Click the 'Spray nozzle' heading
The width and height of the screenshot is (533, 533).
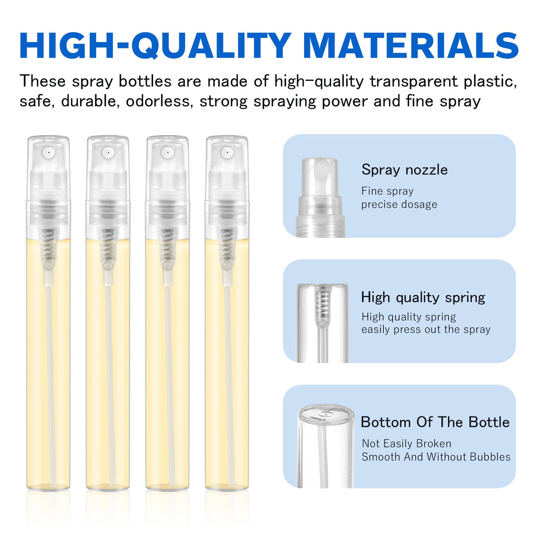point(405,169)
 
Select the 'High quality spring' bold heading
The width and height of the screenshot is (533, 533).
point(423,298)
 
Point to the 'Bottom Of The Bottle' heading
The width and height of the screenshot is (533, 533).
point(435,422)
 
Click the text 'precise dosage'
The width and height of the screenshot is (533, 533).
point(399,204)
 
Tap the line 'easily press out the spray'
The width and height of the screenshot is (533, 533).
point(426,329)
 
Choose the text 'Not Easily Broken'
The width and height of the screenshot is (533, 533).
point(407,443)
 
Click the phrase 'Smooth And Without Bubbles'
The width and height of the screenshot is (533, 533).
point(436,457)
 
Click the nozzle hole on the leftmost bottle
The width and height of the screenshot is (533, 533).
point(48,152)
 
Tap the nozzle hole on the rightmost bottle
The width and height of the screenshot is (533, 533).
point(227,152)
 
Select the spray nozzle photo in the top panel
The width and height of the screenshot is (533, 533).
point(320,197)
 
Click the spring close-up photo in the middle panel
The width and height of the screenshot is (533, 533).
point(322,323)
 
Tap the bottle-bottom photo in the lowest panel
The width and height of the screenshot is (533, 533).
point(326,446)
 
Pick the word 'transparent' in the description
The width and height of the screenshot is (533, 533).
point(414,81)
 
